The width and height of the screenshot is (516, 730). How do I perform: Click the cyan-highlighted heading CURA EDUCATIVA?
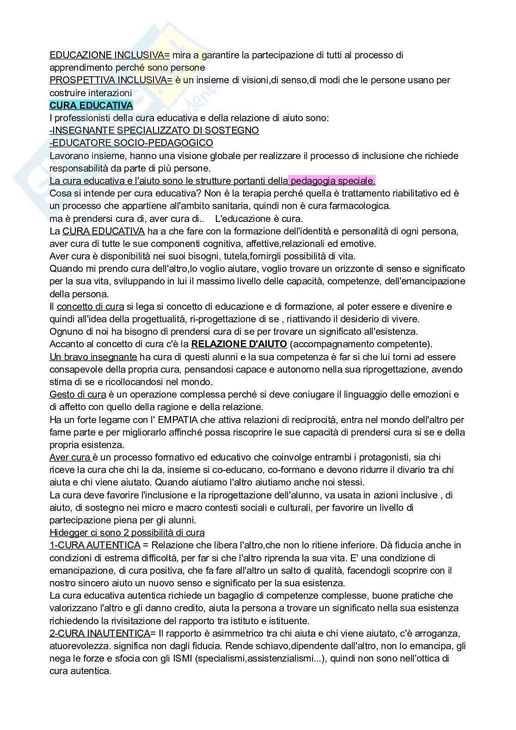coord(91,105)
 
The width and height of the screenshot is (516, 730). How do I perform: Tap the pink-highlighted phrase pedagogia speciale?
coord(332,181)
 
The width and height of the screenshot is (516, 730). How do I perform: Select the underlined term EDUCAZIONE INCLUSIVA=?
coord(110,55)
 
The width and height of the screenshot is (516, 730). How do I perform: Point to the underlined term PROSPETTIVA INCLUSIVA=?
coord(111,80)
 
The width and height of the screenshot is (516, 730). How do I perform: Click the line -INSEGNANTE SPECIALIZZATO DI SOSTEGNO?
coord(154,130)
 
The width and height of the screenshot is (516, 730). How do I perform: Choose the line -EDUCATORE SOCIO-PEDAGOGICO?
coord(131,143)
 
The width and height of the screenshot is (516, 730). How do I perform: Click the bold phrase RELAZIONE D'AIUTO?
coord(239,344)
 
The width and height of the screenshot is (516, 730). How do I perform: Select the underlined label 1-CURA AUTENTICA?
coord(95,545)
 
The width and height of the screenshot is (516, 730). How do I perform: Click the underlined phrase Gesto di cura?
coord(78,394)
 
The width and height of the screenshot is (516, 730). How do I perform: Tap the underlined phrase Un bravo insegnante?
coord(93,356)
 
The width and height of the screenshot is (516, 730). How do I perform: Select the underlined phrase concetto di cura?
coord(90,307)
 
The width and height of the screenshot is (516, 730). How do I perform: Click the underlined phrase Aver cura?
coord(70,457)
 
